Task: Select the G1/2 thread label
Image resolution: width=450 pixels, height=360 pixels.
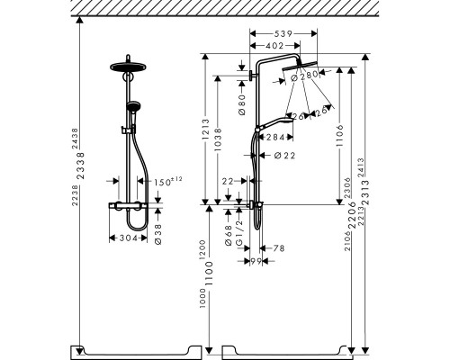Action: (x=238, y=229)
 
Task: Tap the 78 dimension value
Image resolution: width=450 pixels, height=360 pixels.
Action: (x=278, y=248)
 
